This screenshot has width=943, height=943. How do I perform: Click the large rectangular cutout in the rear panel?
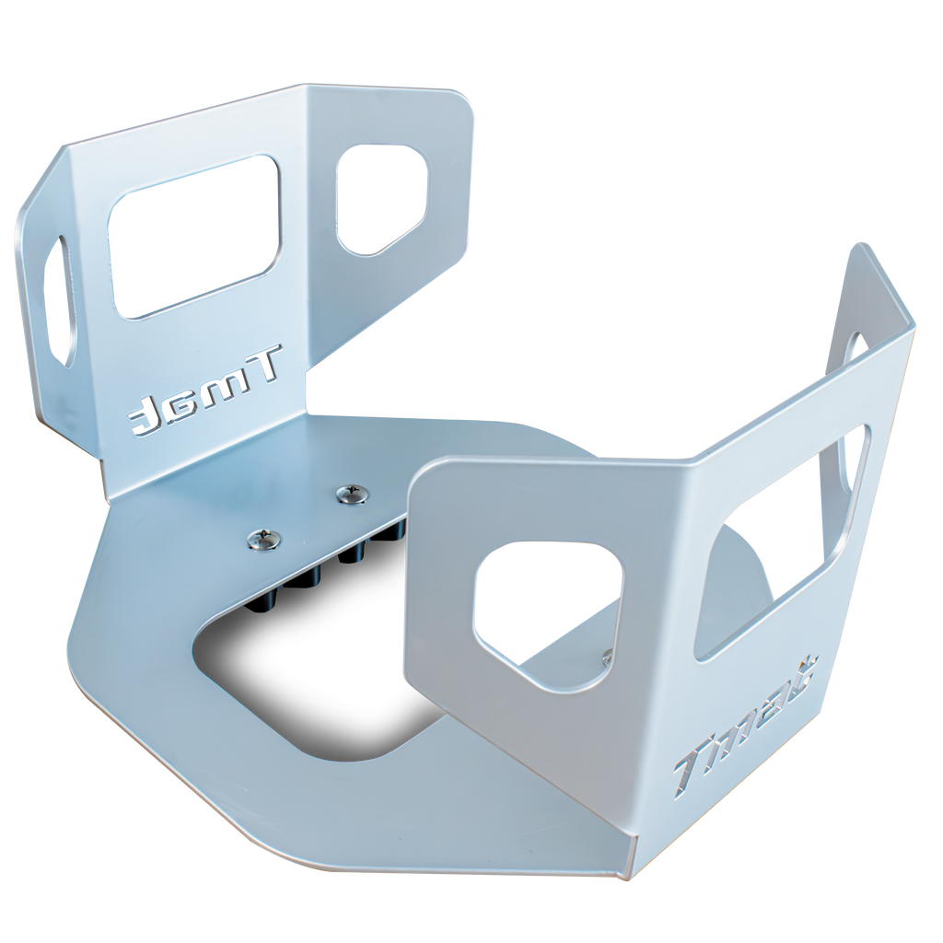(x=195, y=237)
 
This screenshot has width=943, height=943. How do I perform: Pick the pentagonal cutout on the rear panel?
(x=381, y=196)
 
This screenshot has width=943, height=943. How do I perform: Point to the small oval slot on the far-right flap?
(x=853, y=347)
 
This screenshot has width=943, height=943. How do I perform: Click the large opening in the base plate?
(x=304, y=681)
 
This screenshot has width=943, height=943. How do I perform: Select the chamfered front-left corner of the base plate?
(x=87, y=645)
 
